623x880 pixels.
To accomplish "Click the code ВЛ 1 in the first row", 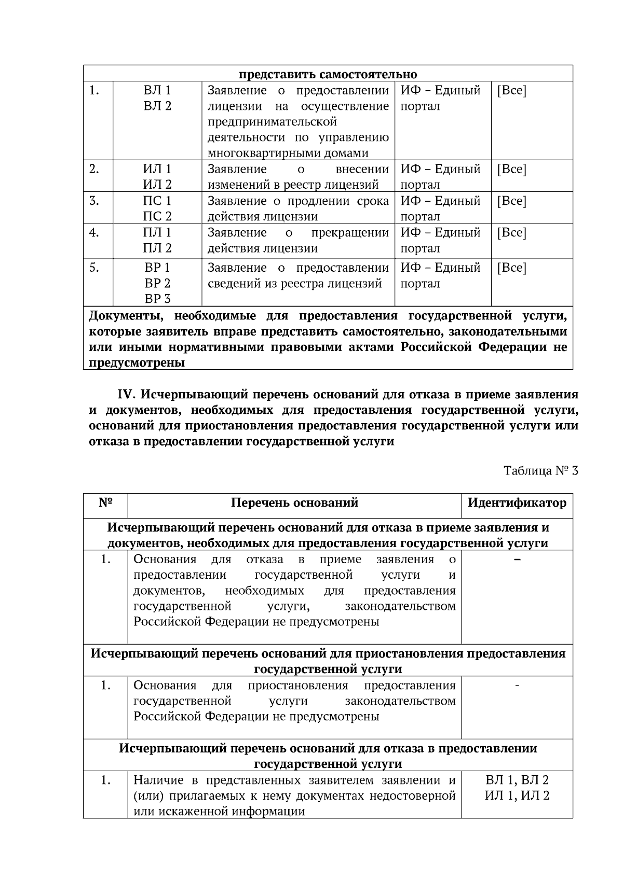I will [157, 91].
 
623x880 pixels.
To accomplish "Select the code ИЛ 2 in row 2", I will [157, 185].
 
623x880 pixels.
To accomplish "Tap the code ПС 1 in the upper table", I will [157, 201].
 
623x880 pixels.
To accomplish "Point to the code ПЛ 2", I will [157, 248].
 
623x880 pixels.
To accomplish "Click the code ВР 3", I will [157, 299].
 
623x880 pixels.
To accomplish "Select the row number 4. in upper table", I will [94, 233].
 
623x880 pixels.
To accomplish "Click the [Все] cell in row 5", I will [511, 268].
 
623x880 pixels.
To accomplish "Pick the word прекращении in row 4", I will [350, 233].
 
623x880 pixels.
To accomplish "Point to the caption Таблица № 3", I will [540, 471].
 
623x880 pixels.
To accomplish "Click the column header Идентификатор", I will [517, 503].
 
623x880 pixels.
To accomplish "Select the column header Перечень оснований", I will [294, 503].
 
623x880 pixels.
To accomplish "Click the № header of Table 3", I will [105, 503].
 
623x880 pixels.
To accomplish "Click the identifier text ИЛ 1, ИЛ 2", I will [517, 796].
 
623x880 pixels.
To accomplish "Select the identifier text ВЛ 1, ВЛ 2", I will [517, 780].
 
